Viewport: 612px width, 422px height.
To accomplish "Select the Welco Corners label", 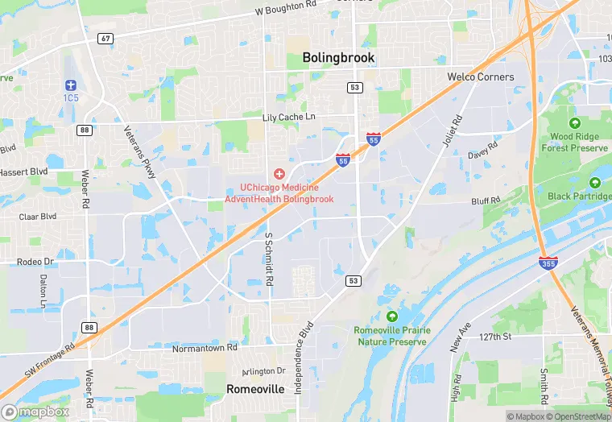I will pos(481,77).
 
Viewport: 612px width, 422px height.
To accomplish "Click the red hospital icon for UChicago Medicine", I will pos(279,173).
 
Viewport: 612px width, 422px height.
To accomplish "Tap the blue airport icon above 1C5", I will pos(71,85).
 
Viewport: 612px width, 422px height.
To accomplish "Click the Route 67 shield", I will pos(105,38).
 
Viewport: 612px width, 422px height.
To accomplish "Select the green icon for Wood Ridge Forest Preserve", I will pos(574,123).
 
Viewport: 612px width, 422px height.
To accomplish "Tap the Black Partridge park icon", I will pos(595,183).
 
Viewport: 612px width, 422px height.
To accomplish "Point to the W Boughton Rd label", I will pos(286,9).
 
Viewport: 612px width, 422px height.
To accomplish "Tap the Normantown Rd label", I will pos(205,350).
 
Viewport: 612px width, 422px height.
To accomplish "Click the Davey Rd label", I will pos(483,151).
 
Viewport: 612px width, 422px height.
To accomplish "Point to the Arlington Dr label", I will pos(264,371).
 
